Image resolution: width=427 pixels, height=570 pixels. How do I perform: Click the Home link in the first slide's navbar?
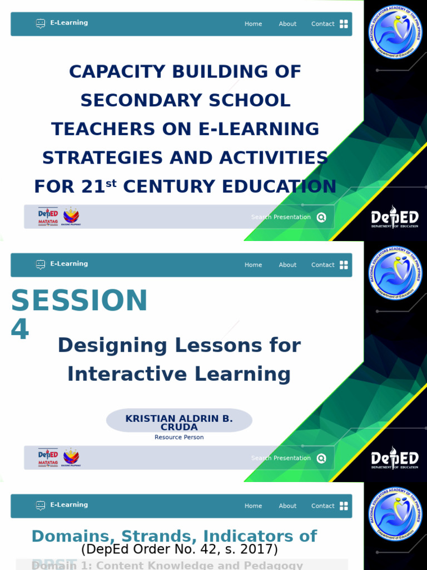(x=253, y=24)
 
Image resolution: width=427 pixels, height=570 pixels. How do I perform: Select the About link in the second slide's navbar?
(x=287, y=265)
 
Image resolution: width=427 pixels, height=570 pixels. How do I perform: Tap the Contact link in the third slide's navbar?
(x=322, y=506)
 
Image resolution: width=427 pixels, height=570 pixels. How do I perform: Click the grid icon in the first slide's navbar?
(x=344, y=24)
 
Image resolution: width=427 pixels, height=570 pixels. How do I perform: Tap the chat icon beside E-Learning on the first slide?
(x=41, y=23)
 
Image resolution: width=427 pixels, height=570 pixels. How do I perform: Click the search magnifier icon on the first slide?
(x=321, y=218)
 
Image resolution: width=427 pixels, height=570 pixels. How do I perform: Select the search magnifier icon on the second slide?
(x=321, y=459)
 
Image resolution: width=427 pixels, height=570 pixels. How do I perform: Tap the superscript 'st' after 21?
(x=111, y=183)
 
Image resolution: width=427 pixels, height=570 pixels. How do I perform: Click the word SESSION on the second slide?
(x=79, y=301)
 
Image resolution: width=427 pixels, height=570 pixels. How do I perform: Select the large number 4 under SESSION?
(x=19, y=330)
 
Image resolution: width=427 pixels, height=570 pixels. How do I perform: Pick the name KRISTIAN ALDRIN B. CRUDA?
(x=179, y=422)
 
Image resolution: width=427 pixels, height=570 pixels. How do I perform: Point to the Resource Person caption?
(x=179, y=438)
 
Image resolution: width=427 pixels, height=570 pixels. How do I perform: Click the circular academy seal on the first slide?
(x=397, y=32)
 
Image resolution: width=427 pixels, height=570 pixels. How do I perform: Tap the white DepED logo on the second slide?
(x=395, y=459)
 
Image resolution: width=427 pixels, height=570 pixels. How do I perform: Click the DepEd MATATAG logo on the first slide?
(x=48, y=217)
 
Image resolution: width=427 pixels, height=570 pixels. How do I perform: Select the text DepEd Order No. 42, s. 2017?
(x=179, y=549)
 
